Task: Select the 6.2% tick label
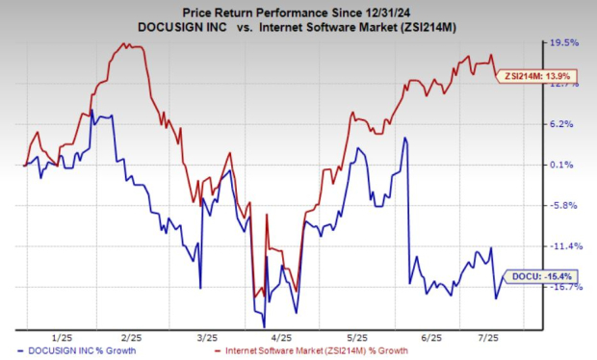click(x=565, y=124)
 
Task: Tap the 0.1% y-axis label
click(x=565, y=166)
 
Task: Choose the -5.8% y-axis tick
click(x=565, y=206)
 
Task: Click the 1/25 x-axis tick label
click(x=62, y=339)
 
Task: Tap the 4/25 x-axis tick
click(x=281, y=339)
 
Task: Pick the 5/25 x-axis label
click(x=356, y=339)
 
